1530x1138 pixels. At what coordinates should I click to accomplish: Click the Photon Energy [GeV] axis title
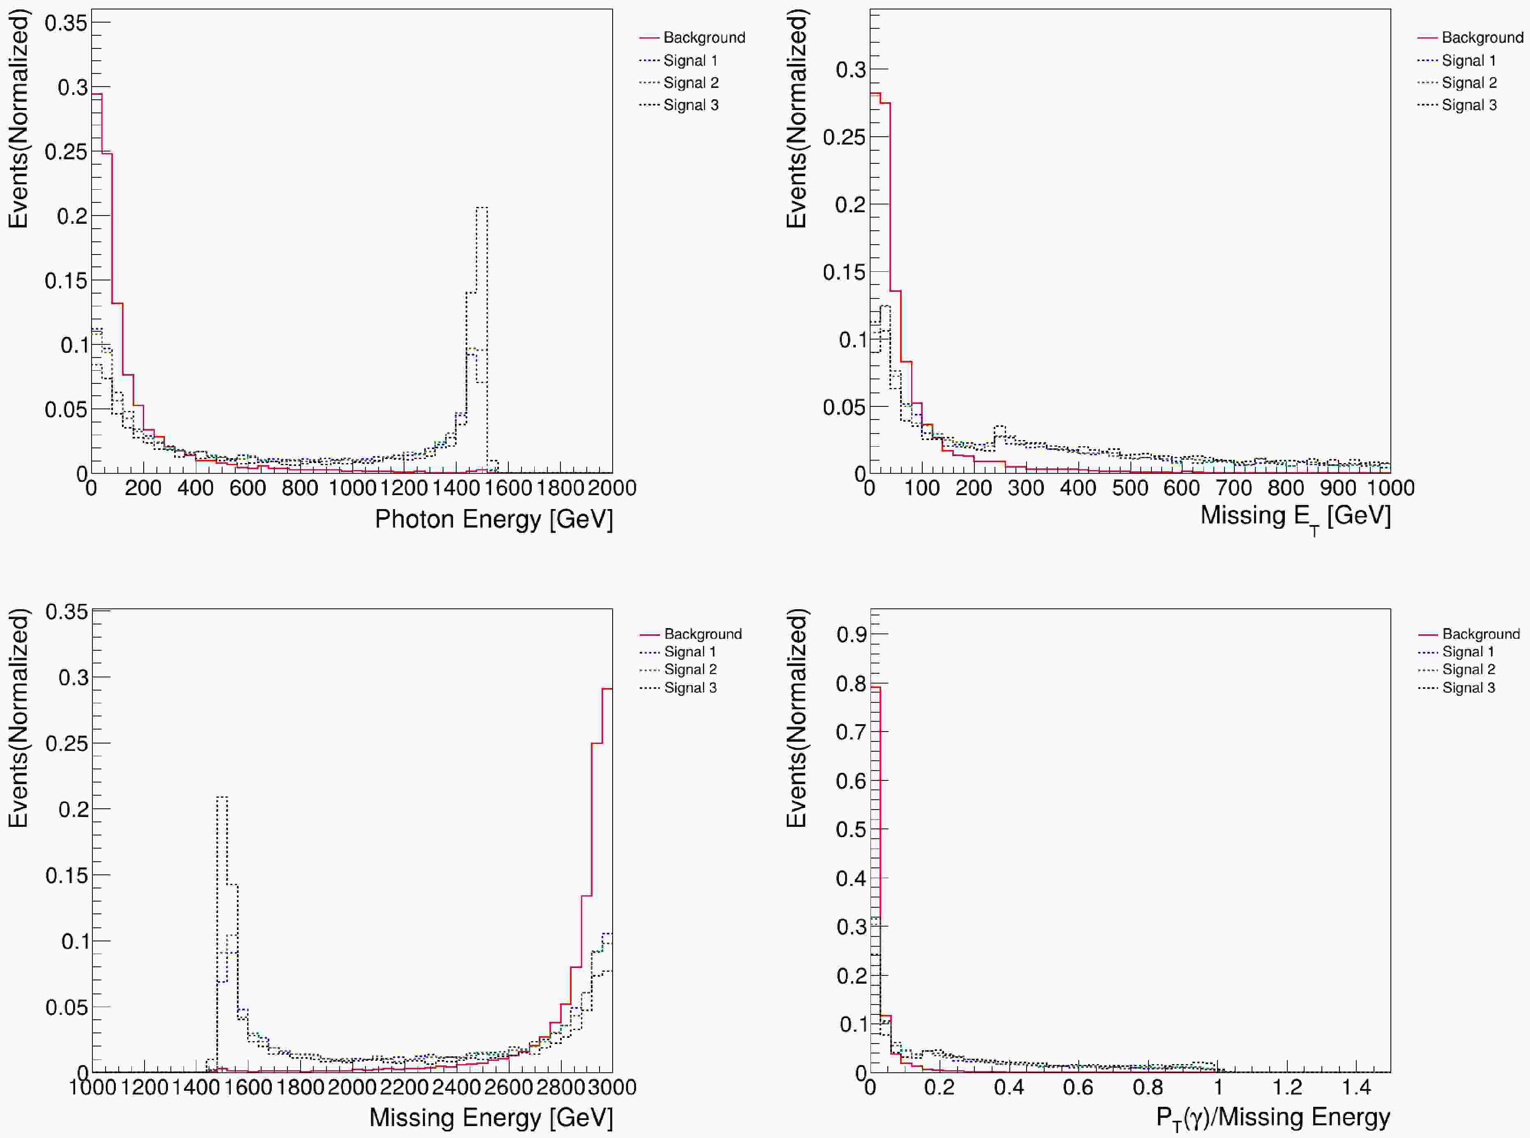pos(493,519)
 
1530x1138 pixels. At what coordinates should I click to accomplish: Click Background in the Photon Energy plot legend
pos(703,38)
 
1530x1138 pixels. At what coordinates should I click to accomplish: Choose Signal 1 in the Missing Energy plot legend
pos(689,652)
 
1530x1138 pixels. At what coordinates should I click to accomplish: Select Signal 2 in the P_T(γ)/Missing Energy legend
pos(1469,670)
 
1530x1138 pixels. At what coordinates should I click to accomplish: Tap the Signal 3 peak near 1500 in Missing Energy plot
pos(222,798)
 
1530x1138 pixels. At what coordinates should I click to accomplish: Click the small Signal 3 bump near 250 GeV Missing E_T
pos(999,427)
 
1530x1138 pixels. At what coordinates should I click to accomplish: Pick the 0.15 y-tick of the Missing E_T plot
pos(844,272)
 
